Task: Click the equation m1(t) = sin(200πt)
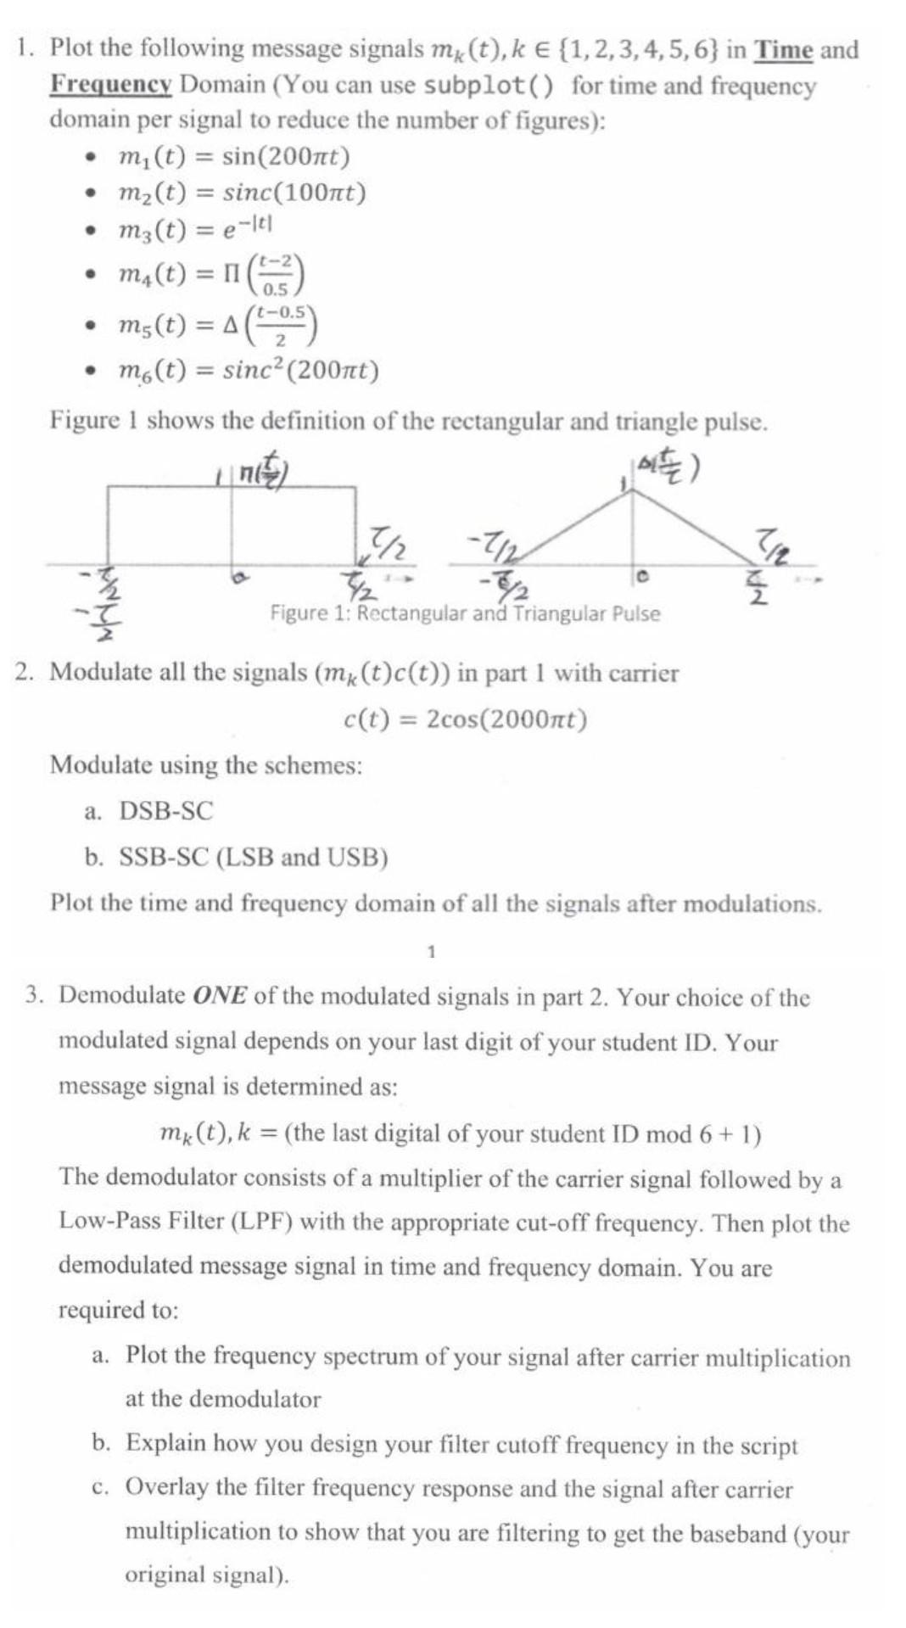(234, 157)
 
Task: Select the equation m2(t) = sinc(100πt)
(243, 193)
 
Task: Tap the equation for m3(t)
(195, 229)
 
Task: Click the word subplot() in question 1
(489, 86)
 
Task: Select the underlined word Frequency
(111, 85)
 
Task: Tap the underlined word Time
(784, 50)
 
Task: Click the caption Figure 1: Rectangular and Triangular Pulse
(465, 613)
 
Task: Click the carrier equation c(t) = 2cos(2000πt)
(465, 719)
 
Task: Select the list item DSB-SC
(165, 811)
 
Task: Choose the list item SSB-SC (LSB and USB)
(253, 857)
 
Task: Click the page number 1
(431, 951)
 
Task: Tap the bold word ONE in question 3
(220, 995)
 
